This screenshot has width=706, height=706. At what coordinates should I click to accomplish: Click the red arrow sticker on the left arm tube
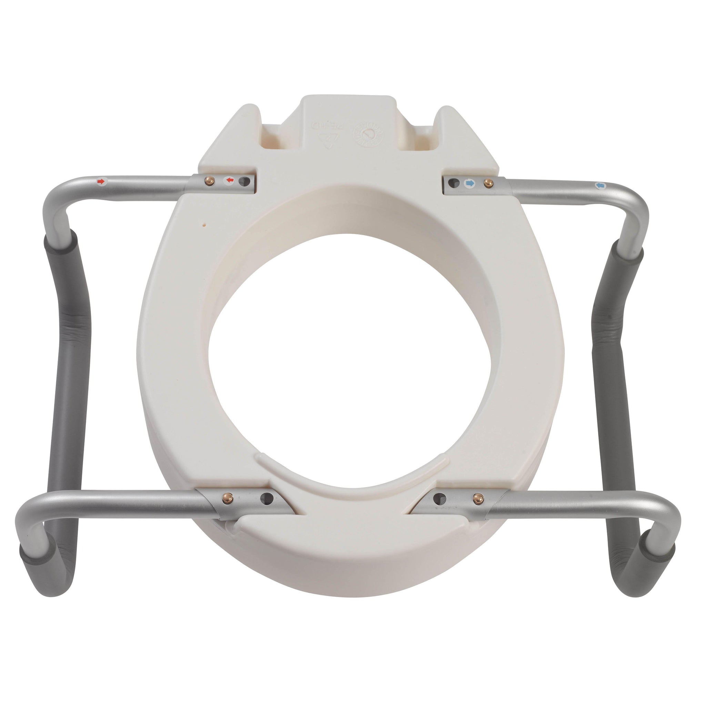(x=101, y=181)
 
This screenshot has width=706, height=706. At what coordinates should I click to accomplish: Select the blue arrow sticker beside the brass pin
(x=469, y=183)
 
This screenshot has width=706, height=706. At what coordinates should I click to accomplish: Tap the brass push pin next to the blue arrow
(x=487, y=183)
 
